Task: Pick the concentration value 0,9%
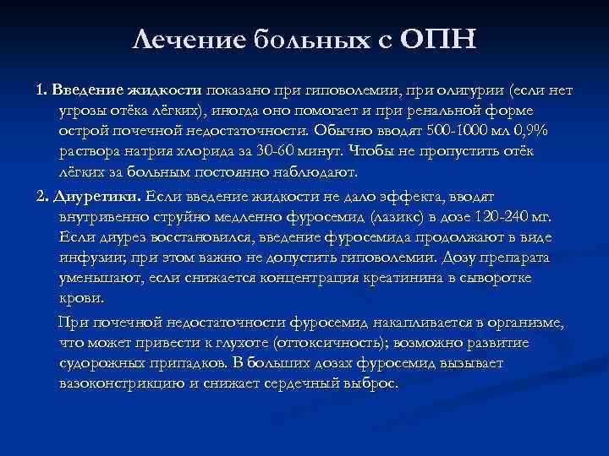point(533,132)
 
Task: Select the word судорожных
point(103,362)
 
